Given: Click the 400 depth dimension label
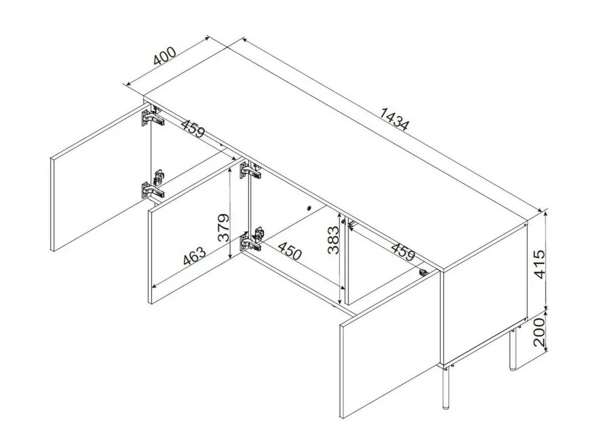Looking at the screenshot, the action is click(x=165, y=56).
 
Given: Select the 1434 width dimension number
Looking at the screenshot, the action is click(x=394, y=118).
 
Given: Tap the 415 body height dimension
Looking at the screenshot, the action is click(x=541, y=264).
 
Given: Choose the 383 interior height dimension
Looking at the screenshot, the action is click(x=333, y=240).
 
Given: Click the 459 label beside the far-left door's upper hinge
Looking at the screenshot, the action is click(x=193, y=128).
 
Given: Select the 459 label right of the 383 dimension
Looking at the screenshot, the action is click(x=403, y=252).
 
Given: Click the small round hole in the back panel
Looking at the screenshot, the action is click(x=309, y=208).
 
